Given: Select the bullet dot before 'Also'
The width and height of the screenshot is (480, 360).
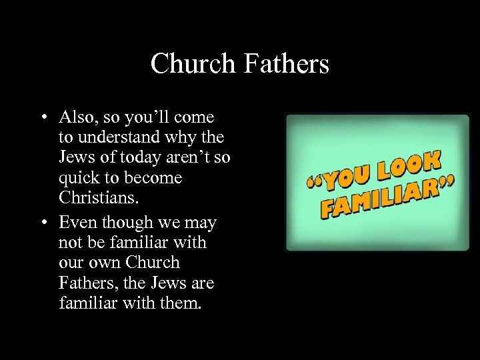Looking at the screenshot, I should click(x=42, y=118).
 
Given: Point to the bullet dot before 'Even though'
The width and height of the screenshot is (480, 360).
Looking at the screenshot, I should click(x=42, y=222).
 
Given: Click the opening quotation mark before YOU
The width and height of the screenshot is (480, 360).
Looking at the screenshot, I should click(x=315, y=179).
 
